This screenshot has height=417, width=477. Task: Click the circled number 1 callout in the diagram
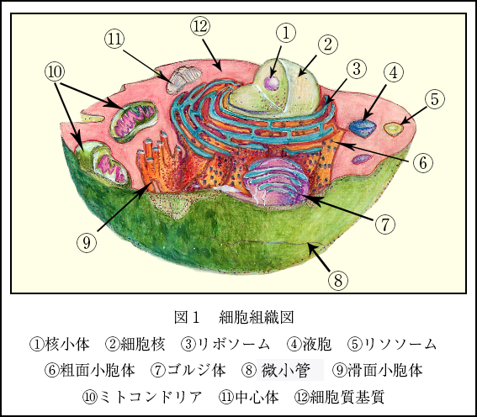coord(285,33)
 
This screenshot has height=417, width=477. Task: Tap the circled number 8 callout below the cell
coord(338,280)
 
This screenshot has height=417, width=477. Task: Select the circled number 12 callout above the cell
coord(200,26)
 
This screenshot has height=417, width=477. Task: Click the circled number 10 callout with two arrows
coord(55,72)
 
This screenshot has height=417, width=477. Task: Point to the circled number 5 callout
coord(434,99)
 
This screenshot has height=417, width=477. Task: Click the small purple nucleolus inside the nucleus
coord(272,83)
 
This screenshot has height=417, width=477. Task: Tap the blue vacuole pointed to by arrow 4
coord(363,128)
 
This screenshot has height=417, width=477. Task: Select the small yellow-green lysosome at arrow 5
coord(394,129)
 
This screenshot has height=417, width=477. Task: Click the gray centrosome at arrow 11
coord(183,80)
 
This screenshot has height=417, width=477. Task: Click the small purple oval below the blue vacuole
coord(362,159)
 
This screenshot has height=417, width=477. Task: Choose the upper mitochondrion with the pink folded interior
coord(134,122)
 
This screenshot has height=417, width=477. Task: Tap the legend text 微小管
coord(286,370)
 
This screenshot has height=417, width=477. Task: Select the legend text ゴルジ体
coord(197,370)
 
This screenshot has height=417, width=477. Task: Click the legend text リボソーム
coord(234,344)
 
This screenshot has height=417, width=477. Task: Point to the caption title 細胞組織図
coord(256,317)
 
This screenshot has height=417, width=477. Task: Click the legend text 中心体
coord(257,397)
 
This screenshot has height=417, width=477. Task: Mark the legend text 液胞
coord(317,344)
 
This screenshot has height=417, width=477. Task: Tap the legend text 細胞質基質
coord(347,397)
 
